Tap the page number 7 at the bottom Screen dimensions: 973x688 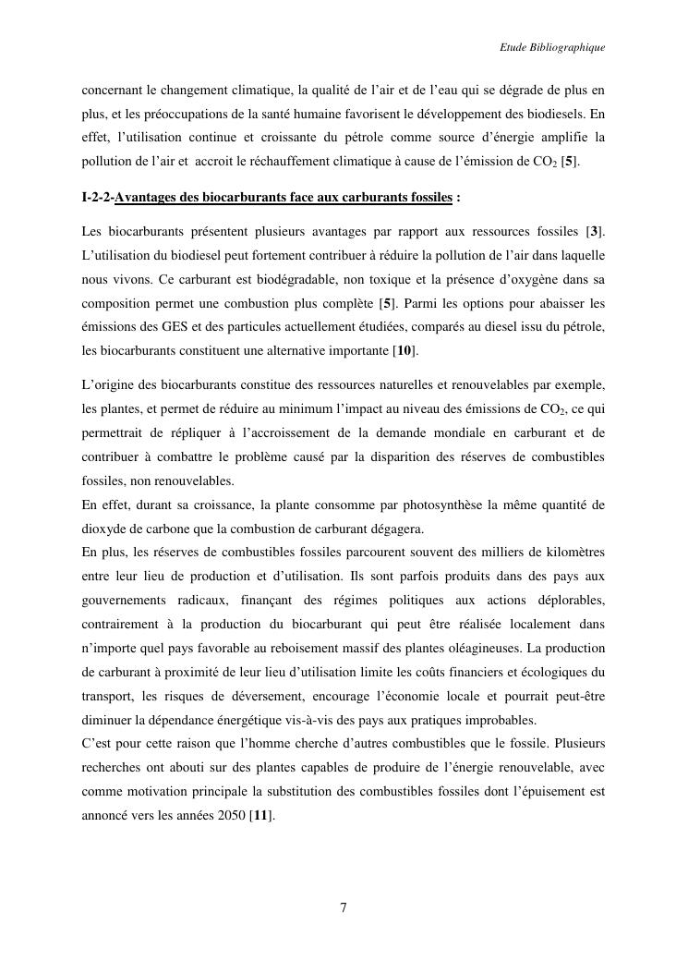pos(344,907)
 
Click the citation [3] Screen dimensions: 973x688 pos(595,229)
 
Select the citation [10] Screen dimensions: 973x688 pos(404,350)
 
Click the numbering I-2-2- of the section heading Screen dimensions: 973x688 pos(98,198)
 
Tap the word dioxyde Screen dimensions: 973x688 pos(103,529)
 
